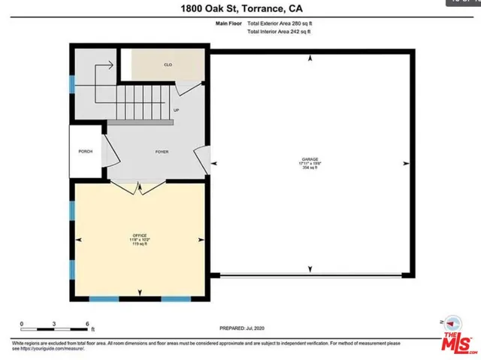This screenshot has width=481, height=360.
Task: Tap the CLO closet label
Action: pyautogui.click(x=168, y=65)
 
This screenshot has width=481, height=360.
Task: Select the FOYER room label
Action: pyautogui.click(x=162, y=152)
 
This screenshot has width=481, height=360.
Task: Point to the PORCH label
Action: pyautogui.click(x=85, y=152)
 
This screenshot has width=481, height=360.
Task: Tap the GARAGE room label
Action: pyautogui.click(x=310, y=159)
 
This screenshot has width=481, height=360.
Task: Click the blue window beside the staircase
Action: pyautogui.click(x=72, y=83)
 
